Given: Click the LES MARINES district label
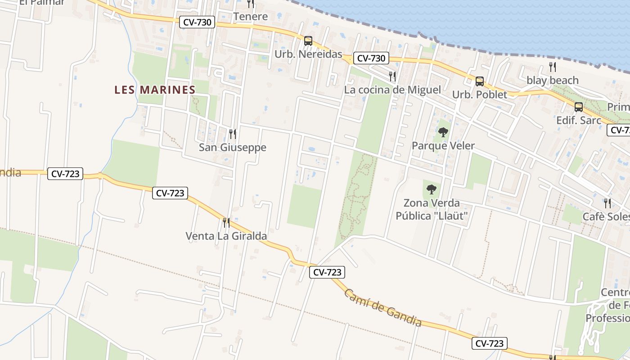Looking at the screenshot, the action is (155, 90).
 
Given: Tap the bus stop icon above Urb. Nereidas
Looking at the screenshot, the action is (308, 40).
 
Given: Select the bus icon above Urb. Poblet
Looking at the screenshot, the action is (480, 81).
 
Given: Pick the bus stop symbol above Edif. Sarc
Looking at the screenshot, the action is (579, 107).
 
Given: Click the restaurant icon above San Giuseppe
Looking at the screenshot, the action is (232, 134).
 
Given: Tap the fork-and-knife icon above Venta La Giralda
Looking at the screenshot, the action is (226, 222).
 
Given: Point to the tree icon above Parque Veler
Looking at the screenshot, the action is (443, 132).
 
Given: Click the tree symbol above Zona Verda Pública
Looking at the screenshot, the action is (432, 189).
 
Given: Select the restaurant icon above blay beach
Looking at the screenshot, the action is (553, 67).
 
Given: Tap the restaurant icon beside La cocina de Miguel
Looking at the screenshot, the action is (392, 76).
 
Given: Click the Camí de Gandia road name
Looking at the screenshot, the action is (383, 308).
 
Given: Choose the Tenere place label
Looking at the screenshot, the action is (251, 17).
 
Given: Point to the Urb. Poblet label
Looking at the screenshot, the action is (480, 94).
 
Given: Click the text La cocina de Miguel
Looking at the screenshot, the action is (392, 90).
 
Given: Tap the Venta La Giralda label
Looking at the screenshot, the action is (226, 236).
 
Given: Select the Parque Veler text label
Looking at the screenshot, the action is (443, 146).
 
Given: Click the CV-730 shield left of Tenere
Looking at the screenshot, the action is (198, 22).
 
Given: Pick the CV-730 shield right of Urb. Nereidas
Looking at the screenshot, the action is (371, 58).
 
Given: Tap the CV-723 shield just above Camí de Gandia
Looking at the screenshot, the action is (327, 272).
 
